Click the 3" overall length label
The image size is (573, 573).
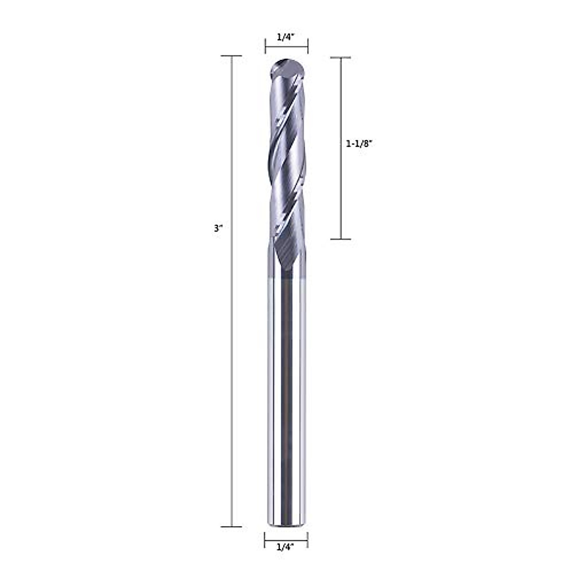pyautogui.click(x=219, y=229)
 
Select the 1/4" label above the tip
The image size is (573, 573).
pyautogui.click(x=286, y=37)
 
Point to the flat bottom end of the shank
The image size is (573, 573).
pyautogui.click(x=286, y=524)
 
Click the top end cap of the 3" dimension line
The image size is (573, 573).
pyautogui.click(x=232, y=56)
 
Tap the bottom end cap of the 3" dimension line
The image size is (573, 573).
pyautogui.click(x=232, y=527)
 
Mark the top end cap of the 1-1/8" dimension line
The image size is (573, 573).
pyautogui.click(x=341, y=58)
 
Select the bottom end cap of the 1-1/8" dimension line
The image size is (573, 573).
pyautogui.click(x=341, y=239)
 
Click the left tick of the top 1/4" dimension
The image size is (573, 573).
pyautogui.click(x=265, y=46)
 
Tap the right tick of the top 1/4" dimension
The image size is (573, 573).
pyautogui.click(x=308, y=46)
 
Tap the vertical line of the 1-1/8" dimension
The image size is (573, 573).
pyautogui.click(x=341, y=191)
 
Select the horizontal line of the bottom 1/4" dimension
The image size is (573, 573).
pyautogui.click(x=286, y=539)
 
